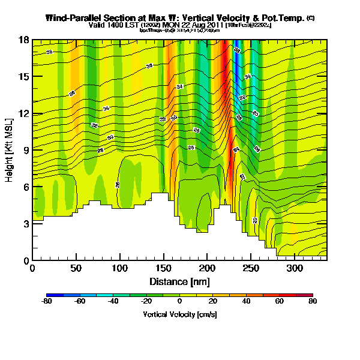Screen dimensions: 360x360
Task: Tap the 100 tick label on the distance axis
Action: (120, 268)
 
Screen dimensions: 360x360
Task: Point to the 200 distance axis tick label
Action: (208, 268)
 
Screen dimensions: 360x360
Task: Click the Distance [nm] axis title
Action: (179, 281)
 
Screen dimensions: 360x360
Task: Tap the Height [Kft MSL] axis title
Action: (10, 150)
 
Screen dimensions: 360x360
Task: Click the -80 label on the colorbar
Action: (46, 302)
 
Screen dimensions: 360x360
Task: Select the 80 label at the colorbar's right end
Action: (312, 302)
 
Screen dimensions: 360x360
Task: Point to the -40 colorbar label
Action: (113, 302)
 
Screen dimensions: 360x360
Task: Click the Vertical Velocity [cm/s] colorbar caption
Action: (179, 314)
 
